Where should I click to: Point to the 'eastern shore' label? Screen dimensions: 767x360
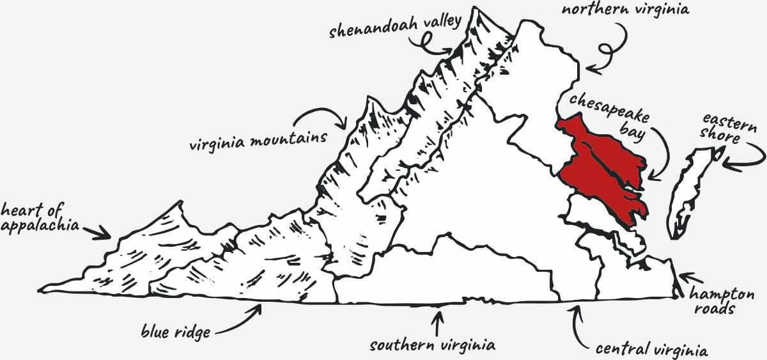[x=728, y=127]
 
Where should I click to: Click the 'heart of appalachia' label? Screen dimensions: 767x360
[x=40, y=217]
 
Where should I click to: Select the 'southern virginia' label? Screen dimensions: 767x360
[x=433, y=346]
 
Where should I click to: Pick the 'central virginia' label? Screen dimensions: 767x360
[x=651, y=350]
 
